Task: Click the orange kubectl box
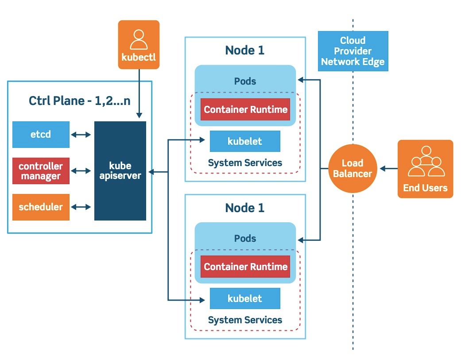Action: click(x=139, y=45)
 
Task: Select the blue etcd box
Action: click(x=41, y=134)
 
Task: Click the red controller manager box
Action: click(x=41, y=171)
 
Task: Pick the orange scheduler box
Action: click(x=41, y=207)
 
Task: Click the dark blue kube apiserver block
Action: click(x=120, y=171)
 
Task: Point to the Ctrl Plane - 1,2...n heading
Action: click(x=80, y=101)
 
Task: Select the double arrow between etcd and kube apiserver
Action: click(x=81, y=134)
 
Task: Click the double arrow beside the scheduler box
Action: click(x=81, y=207)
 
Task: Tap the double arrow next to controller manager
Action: click(x=81, y=171)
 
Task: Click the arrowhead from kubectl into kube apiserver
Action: click(x=139, y=116)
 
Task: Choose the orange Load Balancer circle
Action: click(x=353, y=169)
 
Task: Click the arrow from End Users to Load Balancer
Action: click(x=388, y=169)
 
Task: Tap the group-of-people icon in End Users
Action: click(x=426, y=162)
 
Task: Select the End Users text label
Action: click(x=425, y=188)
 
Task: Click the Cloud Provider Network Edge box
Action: click(x=353, y=51)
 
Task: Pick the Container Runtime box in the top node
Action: click(x=245, y=109)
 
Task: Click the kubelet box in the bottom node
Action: click(x=245, y=298)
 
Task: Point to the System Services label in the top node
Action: click(x=245, y=163)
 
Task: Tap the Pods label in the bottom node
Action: click(x=245, y=239)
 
